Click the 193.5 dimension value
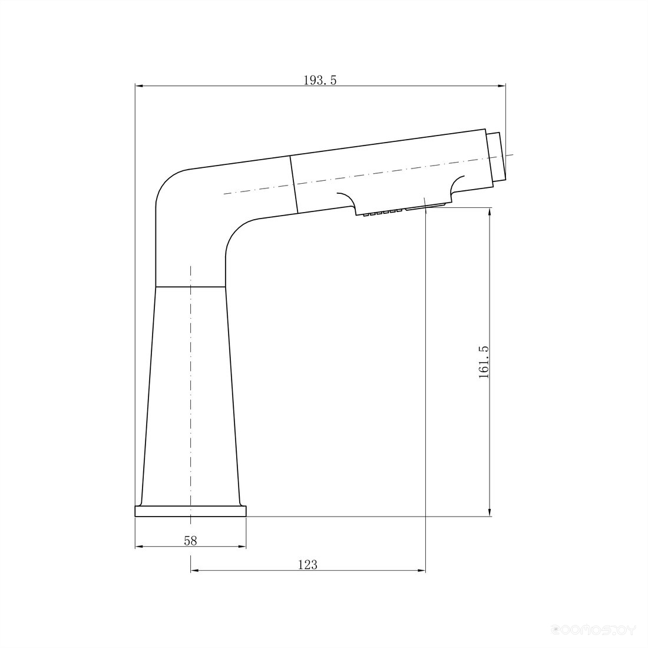320,80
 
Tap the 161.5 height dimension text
484,362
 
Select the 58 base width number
190,540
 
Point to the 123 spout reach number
308,564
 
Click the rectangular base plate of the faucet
190,511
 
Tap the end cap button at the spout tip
495,157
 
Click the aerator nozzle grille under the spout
403,209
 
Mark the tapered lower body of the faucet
190,396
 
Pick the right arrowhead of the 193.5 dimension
502,86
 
